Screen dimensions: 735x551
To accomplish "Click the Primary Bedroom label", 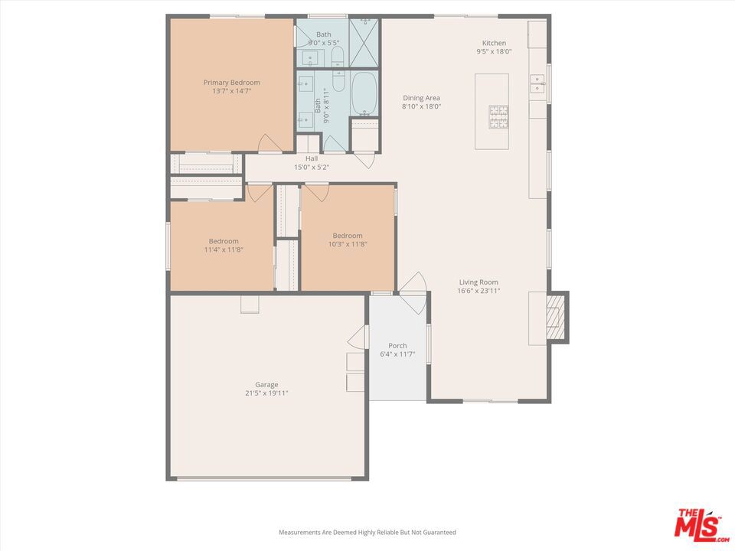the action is (x=231, y=83).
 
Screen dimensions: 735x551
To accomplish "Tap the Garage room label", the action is (x=266, y=385).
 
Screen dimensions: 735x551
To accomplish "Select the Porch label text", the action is (x=397, y=346).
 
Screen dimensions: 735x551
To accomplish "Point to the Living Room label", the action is (x=479, y=282).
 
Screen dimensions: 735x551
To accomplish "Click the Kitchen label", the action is (x=494, y=43).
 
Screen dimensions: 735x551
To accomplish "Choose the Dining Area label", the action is (x=421, y=98).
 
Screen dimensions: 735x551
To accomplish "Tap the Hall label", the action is (x=312, y=159).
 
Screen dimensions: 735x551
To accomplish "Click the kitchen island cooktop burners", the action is (x=498, y=116).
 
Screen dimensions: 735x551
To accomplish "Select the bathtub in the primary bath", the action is (x=364, y=93).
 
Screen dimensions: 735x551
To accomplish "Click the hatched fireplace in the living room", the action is (x=557, y=317).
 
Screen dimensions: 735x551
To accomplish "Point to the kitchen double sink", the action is (x=537, y=84).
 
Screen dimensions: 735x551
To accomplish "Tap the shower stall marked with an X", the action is (x=364, y=43).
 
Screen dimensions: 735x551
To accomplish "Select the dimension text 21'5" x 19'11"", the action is (x=266, y=393).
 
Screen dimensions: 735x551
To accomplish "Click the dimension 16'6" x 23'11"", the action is (x=479, y=291).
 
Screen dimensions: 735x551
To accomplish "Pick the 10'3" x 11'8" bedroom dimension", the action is (x=348, y=244).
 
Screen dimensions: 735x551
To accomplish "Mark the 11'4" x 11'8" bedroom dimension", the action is (x=224, y=249).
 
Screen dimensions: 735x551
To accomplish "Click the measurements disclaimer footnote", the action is (x=367, y=533).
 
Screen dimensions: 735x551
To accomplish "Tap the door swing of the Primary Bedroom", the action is (x=269, y=143).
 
